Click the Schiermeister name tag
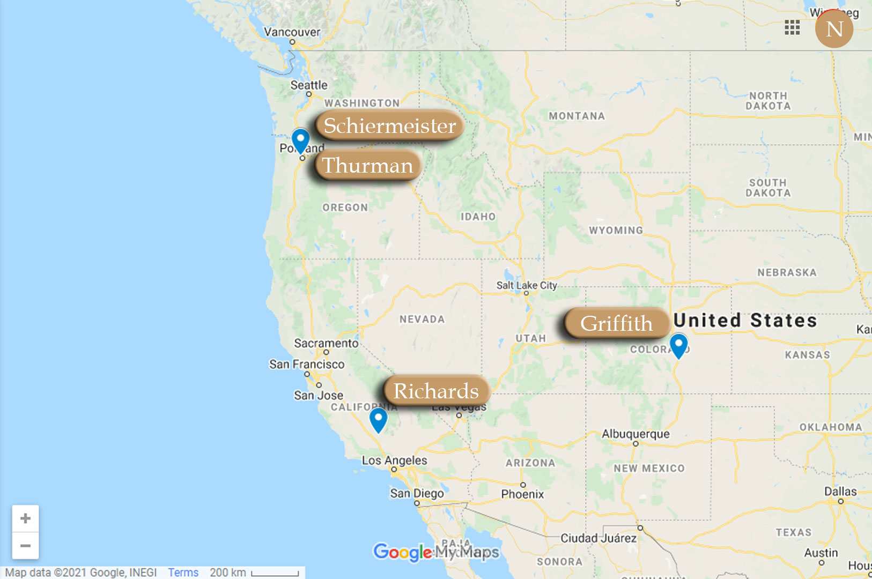[390, 125]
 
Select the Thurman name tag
[368, 165]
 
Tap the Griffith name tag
[617, 323]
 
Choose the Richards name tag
[436, 391]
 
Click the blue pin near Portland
[300, 140]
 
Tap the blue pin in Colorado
[678, 345]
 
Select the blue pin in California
[378, 419]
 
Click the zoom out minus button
[25, 546]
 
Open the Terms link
[183, 573]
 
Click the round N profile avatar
[834, 29]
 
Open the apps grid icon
[792, 27]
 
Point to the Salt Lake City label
[526, 285]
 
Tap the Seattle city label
[309, 85]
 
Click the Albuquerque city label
[635, 434]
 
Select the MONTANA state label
[577, 116]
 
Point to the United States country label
[745, 320]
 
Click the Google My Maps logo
[435, 552]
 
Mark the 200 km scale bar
[275, 573]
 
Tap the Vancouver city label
[292, 32]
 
